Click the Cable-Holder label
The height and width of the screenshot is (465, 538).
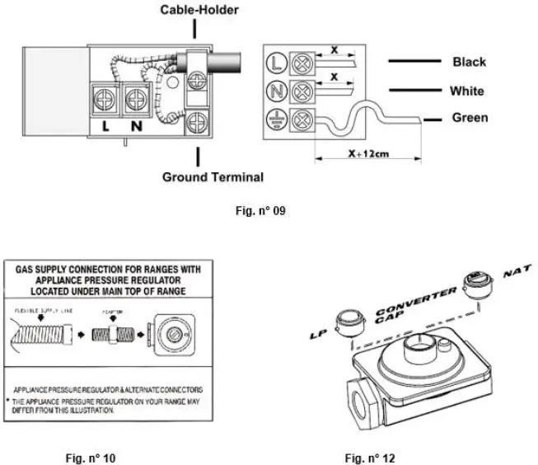click(194, 10)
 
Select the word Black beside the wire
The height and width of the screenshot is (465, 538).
click(469, 62)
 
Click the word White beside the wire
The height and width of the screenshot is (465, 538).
click(467, 91)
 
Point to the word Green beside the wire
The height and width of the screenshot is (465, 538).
click(469, 118)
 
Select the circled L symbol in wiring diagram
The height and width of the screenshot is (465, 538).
click(278, 61)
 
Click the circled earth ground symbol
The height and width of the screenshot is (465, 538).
click(278, 119)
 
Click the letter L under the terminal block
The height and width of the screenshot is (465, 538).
click(108, 129)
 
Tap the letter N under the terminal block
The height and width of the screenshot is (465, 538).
click(135, 129)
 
